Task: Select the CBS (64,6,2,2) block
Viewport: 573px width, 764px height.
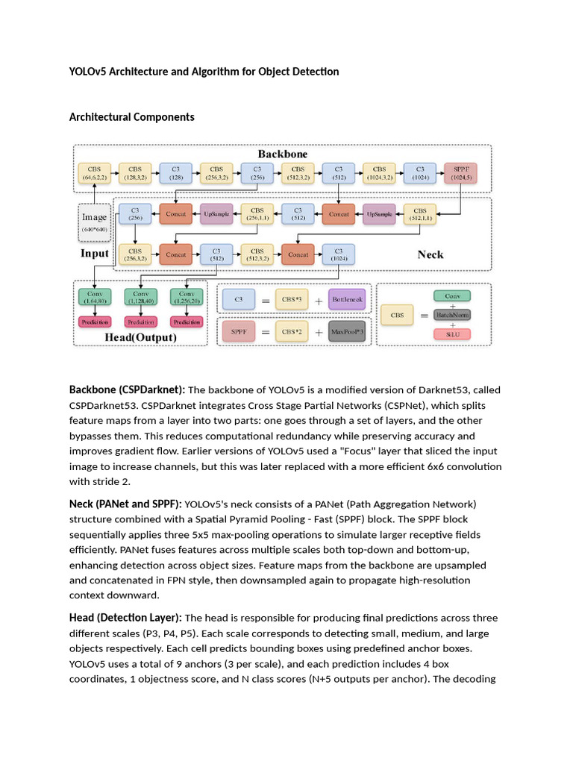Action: pos(94,174)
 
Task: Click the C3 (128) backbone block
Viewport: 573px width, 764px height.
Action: pos(175,174)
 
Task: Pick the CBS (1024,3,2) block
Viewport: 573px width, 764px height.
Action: pos(379,174)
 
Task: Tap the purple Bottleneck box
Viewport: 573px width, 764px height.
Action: pos(347,299)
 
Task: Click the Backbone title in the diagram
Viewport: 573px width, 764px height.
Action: pos(283,154)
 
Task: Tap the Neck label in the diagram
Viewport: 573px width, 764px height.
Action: pos(430,254)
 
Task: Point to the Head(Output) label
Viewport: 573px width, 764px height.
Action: pos(140,337)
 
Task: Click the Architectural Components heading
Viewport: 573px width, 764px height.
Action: pos(131,117)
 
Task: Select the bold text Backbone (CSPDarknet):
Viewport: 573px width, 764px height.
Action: pos(127,389)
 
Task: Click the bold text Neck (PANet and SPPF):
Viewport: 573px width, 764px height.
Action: pos(125,504)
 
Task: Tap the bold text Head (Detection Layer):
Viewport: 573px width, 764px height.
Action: pos(125,618)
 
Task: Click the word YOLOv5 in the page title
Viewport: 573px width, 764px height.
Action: pos(89,72)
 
